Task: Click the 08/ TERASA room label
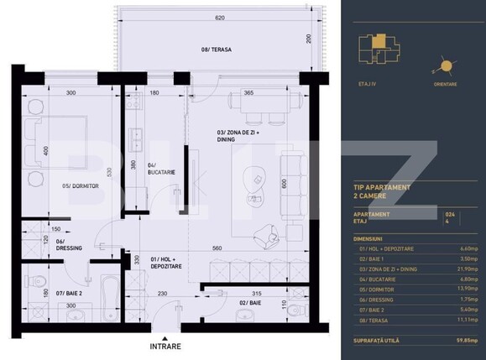pyautogui.click(x=217, y=50)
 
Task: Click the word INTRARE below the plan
pyautogui.click(x=165, y=346)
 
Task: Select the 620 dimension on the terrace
pyautogui.click(x=219, y=18)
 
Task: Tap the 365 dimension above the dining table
pyautogui.click(x=248, y=93)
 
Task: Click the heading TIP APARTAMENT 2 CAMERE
pyautogui.click(x=382, y=190)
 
